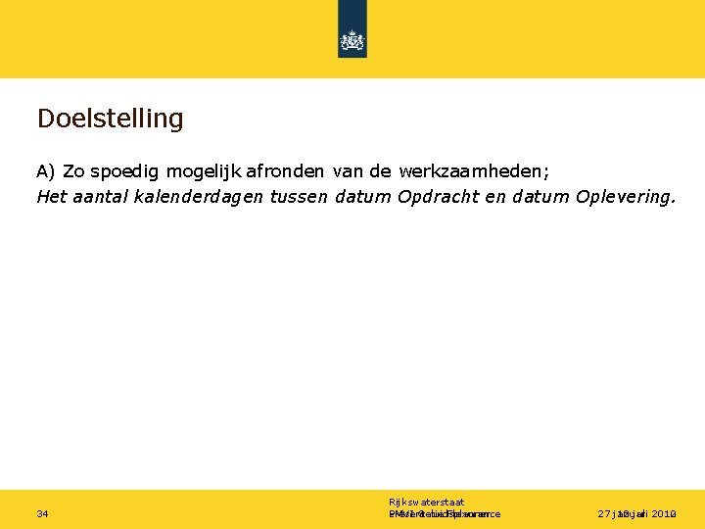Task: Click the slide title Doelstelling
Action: coord(110,120)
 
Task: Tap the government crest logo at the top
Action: coord(352,40)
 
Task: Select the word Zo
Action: coord(73,171)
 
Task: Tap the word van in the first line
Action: coord(348,171)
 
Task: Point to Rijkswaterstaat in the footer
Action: coord(426,502)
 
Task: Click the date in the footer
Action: coord(637,513)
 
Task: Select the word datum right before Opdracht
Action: coord(363,196)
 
